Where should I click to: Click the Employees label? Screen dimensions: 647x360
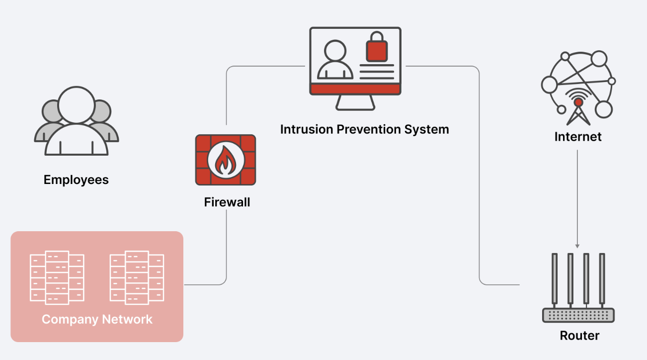point(76,180)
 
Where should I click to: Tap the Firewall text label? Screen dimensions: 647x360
point(227,202)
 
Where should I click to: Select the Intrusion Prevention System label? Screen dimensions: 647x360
point(365,129)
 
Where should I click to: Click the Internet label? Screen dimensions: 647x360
point(577,136)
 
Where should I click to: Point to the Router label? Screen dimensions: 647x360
point(579,336)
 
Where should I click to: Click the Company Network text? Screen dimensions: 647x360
point(97,319)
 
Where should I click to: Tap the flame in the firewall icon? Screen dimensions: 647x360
point(226,160)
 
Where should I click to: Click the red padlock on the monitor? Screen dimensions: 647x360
point(377,47)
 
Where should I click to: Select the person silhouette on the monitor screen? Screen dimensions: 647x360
point(335,60)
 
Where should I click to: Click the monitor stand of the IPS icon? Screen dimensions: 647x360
point(355,102)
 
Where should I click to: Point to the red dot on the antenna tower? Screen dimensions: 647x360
point(578,102)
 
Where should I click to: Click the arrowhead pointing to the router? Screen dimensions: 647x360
point(577,246)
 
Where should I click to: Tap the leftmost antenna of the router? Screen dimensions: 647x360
point(555,279)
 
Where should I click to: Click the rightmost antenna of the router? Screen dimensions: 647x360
point(602,279)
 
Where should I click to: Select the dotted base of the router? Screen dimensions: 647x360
point(578,315)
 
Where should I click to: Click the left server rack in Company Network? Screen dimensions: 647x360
point(57,277)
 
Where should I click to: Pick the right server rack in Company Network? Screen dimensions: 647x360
point(137,277)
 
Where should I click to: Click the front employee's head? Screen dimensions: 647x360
point(76,105)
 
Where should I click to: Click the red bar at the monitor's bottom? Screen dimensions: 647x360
point(355,89)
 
